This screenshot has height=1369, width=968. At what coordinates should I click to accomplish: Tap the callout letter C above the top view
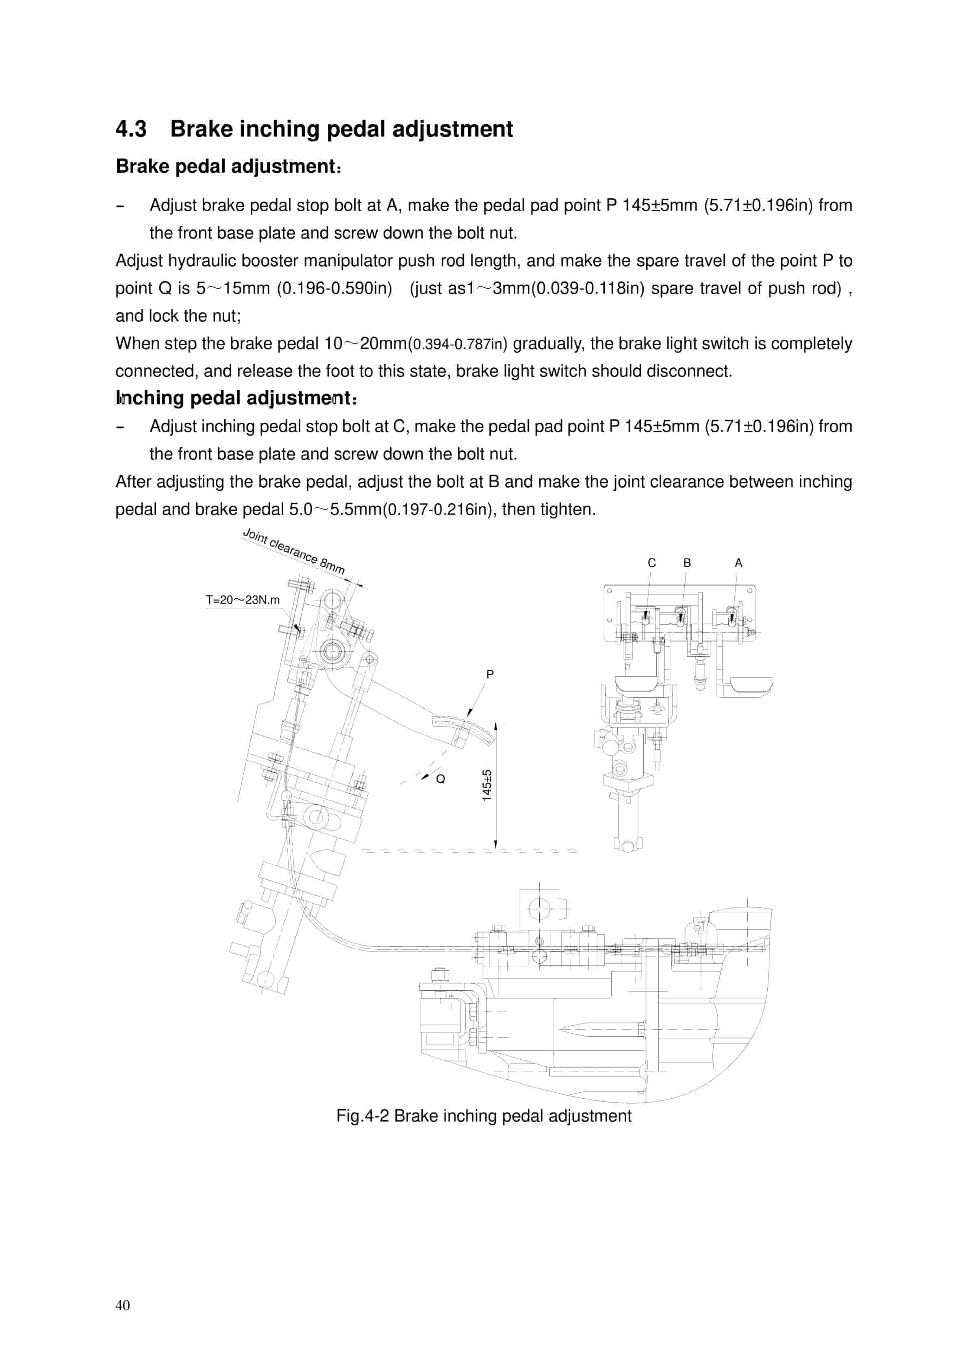[x=651, y=563]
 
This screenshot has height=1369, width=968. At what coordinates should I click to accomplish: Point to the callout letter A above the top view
[x=738, y=563]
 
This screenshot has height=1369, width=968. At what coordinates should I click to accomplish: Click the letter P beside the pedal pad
[x=490, y=675]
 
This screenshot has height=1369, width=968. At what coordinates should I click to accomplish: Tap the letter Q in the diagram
[x=441, y=779]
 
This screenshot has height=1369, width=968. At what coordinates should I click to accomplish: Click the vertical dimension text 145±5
[x=487, y=785]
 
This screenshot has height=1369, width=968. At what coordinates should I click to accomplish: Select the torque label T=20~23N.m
[x=243, y=600]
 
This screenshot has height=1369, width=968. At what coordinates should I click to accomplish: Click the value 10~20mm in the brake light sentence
[x=365, y=343]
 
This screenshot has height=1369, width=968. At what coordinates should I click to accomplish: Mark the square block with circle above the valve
[x=539, y=909]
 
